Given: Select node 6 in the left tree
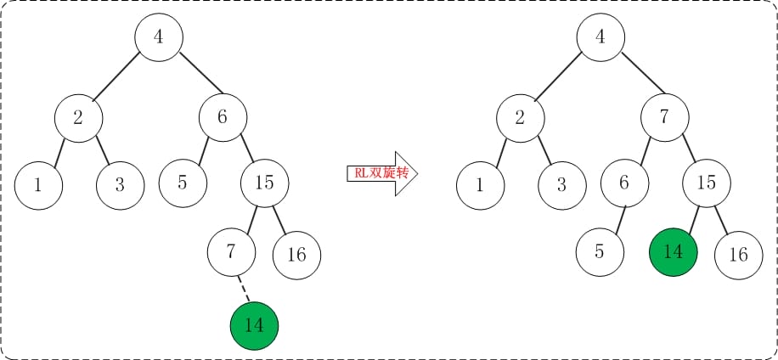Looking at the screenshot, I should coord(223,116).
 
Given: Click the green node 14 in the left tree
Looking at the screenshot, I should coord(254,325).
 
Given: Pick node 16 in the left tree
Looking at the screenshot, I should coord(296,254).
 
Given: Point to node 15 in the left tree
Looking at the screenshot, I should coord(264,182).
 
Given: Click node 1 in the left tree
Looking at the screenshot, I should coord(38,183).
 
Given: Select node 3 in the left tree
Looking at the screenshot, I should coord(120,183).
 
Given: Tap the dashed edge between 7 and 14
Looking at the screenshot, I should coord(243,287).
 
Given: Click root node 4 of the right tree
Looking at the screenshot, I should coord(601,37).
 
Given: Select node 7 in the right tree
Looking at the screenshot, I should coord(665,116).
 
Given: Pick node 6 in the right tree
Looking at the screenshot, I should coord(624,182).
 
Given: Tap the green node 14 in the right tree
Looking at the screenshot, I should coord(673,251).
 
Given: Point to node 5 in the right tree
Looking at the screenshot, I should coord(600,251).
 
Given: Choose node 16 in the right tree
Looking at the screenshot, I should coord(738,254).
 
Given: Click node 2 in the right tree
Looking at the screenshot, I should coord(520,118).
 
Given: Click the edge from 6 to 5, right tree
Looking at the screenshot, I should coord(613,217).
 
